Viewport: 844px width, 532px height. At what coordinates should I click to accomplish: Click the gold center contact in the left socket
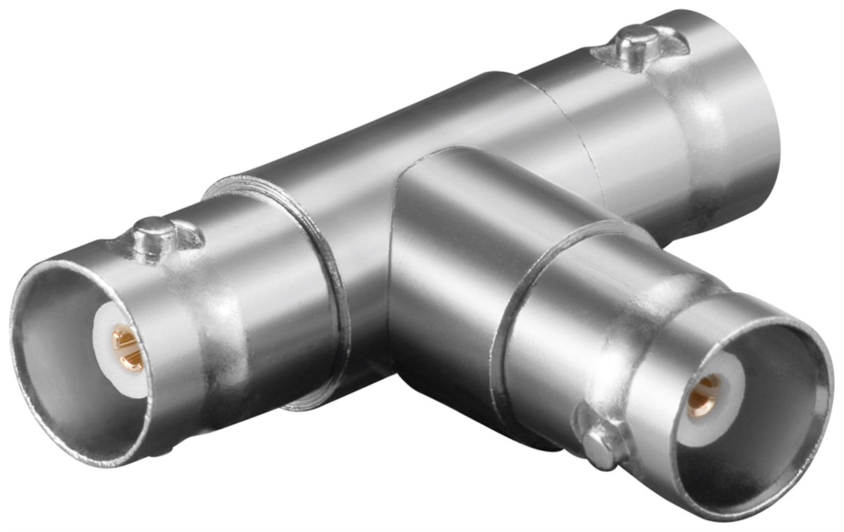click(x=127, y=348)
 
